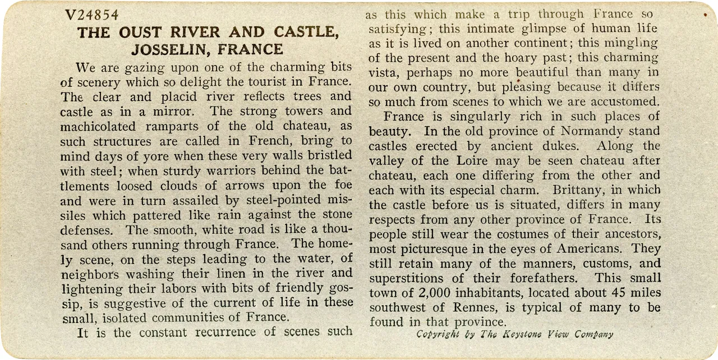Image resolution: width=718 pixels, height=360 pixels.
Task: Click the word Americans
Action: (x=593, y=249)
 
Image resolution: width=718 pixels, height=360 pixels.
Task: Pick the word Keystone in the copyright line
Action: (x=526, y=334)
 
